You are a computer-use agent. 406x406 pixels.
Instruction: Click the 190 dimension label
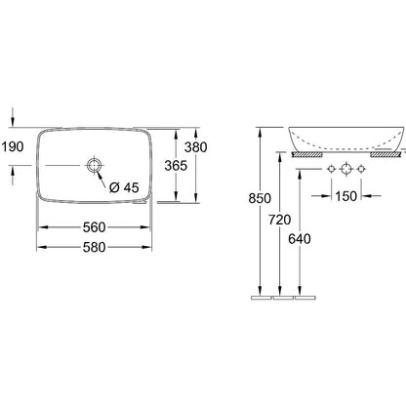(x=13, y=147)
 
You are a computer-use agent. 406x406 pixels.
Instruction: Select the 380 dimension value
(x=196, y=147)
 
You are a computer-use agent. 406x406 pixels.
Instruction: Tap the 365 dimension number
(x=176, y=166)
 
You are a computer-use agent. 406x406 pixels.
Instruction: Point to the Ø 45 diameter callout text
(x=124, y=187)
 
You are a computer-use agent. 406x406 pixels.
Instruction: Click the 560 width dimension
(x=94, y=227)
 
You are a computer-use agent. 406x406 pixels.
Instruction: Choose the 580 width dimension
(x=94, y=247)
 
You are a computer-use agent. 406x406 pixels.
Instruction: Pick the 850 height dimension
(x=260, y=198)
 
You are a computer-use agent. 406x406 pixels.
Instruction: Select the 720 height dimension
(x=280, y=220)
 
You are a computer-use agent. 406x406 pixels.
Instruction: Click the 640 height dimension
(x=300, y=239)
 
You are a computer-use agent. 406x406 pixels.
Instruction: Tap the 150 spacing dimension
(x=346, y=196)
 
